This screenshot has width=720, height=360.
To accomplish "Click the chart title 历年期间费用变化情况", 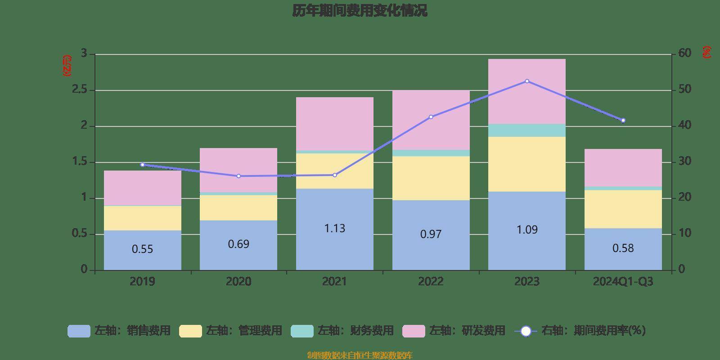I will tap(360, 10).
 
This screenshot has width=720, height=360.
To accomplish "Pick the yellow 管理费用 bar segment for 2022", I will tap(431, 178).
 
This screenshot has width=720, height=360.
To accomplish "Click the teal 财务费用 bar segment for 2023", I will tap(526, 130).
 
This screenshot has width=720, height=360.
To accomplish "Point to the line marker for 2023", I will tap(527, 81).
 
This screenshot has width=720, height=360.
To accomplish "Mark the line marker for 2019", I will tap(142, 165).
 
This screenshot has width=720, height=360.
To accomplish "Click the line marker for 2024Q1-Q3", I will tap(623, 121).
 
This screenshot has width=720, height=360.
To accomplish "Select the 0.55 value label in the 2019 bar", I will tap(142, 249).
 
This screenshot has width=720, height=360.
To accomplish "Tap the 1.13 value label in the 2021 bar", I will tap(334, 229).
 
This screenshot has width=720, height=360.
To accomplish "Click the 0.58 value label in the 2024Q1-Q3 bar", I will tap(623, 248).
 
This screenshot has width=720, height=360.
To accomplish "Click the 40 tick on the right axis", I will tap(684, 126).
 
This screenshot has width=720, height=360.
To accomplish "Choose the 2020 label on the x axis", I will tap(238, 282).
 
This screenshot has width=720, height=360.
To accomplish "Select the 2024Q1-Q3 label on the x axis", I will tap(623, 282).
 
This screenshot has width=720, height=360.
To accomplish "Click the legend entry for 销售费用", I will tap(119, 331).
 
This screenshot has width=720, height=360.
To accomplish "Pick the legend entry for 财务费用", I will tap(342, 331).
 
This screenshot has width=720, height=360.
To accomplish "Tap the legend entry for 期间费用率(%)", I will tap(583, 331).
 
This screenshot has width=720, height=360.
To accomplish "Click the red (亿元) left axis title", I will tap(67, 66).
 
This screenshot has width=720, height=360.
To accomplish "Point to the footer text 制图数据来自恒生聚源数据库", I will tap(360, 355).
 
